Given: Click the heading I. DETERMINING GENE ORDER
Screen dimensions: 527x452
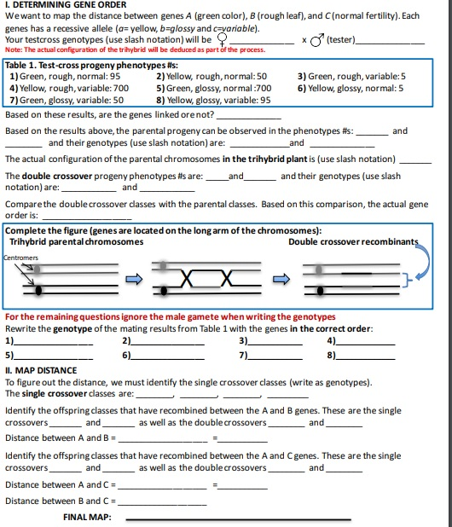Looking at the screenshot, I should tap(66, 5).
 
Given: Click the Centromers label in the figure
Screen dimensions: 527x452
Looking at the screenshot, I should tap(20, 257).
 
